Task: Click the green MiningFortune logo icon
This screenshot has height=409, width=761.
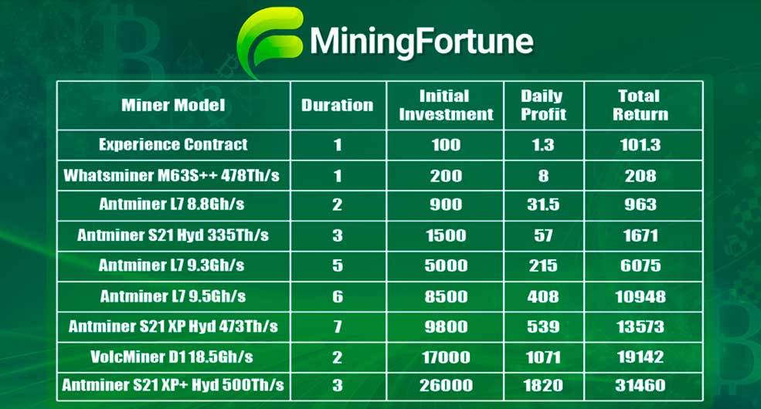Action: (x=270, y=41)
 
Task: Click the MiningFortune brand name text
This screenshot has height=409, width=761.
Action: (x=422, y=42)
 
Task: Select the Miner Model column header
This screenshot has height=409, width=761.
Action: (x=173, y=105)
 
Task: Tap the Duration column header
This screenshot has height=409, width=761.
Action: (x=338, y=105)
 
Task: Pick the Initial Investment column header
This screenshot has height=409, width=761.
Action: (x=446, y=105)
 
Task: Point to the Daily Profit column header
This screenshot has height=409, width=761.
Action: (x=544, y=105)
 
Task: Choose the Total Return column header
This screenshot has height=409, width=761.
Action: (x=640, y=105)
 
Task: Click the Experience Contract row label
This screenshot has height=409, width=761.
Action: (x=173, y=144)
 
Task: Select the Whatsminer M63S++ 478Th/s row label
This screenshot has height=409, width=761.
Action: (x=172, y=175)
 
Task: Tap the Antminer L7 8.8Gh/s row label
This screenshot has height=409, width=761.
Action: (x=172, y=204)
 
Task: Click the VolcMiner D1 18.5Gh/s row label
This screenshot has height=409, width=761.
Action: (x=172, y=357)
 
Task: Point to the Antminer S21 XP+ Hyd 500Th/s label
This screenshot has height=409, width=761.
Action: (x=173, y=385)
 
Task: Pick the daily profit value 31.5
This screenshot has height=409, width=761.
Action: (x=544, y=204)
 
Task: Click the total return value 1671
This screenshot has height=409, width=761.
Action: (x=640, y=235)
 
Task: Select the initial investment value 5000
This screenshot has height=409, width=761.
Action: (x=446, y=265)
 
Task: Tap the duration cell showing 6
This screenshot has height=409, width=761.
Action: (x=338, y=296)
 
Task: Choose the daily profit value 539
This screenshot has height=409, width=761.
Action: (x=544, y=326)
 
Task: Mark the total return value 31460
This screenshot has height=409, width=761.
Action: (x=640, y=386)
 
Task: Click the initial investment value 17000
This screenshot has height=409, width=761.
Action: (x=446, y=357)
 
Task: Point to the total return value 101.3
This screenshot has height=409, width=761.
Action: (x=640, y=145)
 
